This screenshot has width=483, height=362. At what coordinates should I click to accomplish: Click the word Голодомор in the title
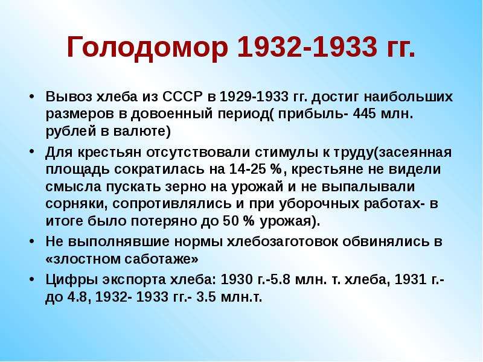[x=147, y=47]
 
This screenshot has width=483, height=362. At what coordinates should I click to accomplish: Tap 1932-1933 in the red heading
[x=307, y=46]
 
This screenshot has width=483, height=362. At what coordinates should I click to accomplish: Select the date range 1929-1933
[x=253, y=97]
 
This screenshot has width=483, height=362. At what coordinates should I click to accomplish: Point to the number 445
[x=365, y=114]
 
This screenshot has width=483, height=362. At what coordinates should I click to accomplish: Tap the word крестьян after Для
[x=110, y=152]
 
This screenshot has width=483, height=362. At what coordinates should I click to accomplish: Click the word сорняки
[x=77, y=205]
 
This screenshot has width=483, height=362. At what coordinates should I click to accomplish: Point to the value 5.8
[x=281, y=279]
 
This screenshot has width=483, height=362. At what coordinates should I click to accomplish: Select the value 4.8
[x=78, y=297]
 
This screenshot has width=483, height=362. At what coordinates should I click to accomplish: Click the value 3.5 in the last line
[x=206, y=297]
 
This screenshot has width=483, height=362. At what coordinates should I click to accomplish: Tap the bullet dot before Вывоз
[x=31, y=97]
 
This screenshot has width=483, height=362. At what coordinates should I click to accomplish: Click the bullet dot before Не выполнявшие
[x=31, y=242]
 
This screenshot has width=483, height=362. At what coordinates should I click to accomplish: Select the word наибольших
[x=408, y=97]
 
